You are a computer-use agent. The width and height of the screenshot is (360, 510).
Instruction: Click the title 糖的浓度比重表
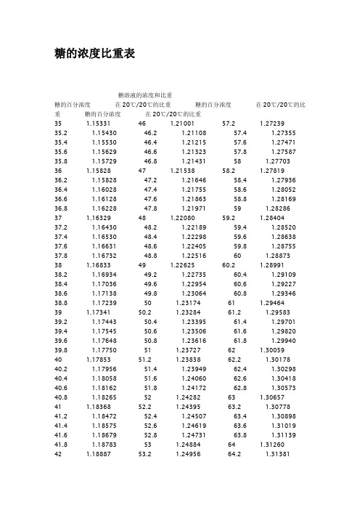pos(91,54)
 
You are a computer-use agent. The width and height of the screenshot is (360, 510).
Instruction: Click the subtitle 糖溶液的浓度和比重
pos(144,95)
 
